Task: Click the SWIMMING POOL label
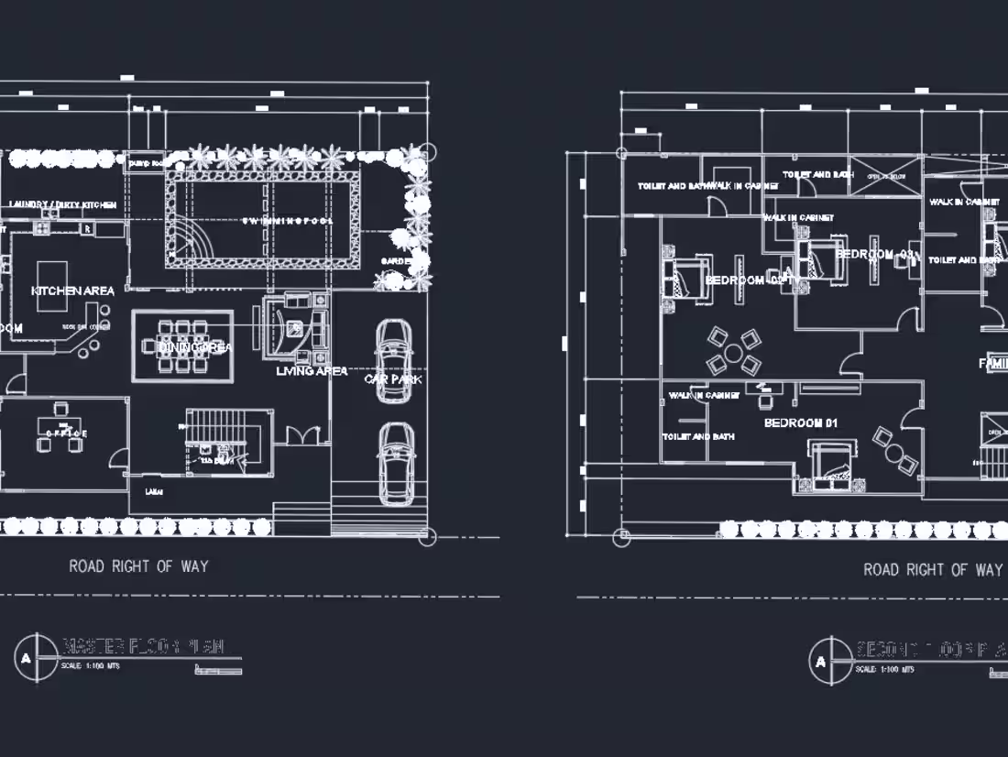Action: pyautogui.click(x=288, y=221)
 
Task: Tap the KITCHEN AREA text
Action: pyautogui.click(x=73, y=291)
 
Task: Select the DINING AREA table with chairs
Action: pyautogui.click(x=182, y=346)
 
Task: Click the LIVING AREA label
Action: pyautogui.click(x=312, y=371)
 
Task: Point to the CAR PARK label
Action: pyautogui.click(x=393, y=378)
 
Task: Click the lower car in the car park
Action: pyautogui.click(x=395, y=463)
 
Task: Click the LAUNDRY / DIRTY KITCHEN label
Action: pyautogui.click(x=62, y=204)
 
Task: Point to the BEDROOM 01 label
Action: pyautogui.click(x=801, y=422)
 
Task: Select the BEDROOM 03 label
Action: pyautogui.click(x=876, y=254)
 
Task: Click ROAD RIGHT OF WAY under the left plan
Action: pyautogui.click(x=138, y=566)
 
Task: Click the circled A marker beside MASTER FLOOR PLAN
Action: pyautogui.click(x=37, y=657)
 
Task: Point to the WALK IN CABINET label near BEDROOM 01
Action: pyautogui.click(x=704, y=396)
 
